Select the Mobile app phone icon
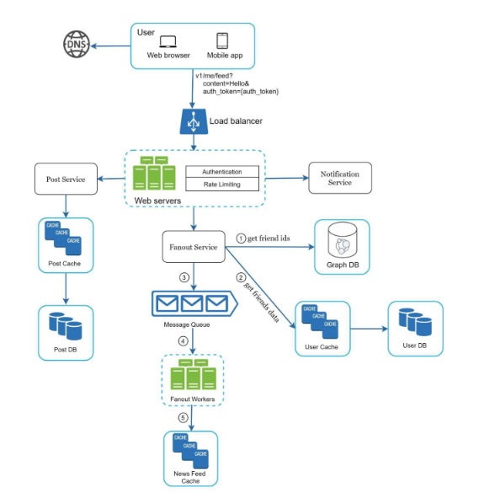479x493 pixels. pyautogui.click(x=223, y=40)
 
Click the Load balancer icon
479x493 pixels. pyautogui.click(x=194, y=122)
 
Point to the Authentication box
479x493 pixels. pyautogui.click(x=221, y=171)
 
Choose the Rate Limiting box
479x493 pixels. pyautogui.click(x=221, y=184)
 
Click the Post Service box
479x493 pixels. pyautogui.click(x=66, y=179)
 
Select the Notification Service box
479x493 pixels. pyautogui.click(x=339, y=178)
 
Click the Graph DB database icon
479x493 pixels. pyautogui.click(x=342, y=244)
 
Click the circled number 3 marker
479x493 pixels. pyautogui.click(x=184, y=277)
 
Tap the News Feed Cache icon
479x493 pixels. pyautogui.click(x=190, y=452)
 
